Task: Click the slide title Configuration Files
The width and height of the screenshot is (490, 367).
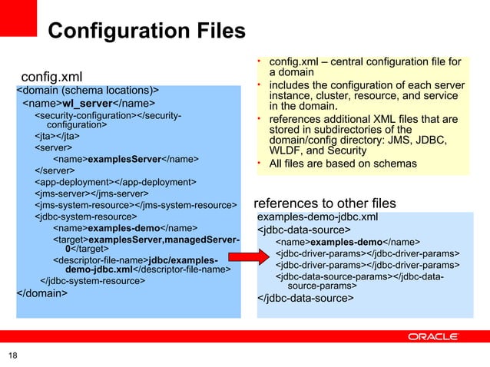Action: tap(146, 31)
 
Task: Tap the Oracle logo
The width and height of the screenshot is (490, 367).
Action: tap(433, 336)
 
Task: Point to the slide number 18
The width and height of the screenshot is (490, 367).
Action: tap(13, 355)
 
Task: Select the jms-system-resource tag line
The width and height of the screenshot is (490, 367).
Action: tap(135, 205)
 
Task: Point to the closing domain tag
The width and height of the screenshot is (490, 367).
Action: tap(41, 293)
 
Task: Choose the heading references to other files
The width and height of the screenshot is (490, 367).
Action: tap(325, 203)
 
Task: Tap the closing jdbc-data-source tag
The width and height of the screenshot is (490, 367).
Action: tap(305, 299)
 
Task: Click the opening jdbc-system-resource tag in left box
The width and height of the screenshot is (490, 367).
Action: tap(84, 217)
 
